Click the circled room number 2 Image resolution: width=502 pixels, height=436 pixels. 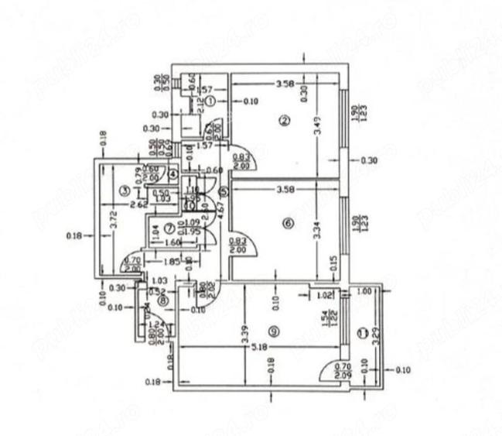(x=285, y=120)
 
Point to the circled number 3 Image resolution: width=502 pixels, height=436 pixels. (x=123, y=190)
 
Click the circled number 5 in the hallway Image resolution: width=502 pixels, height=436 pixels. (x=224, y=191)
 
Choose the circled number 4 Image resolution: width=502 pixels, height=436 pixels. (x=173, y=175)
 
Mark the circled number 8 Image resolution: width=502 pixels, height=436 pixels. (x=162, y=300)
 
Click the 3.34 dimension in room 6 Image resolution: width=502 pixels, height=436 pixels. (x=318, y=231)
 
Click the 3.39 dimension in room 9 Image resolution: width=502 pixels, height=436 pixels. (x=244, y=331)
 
